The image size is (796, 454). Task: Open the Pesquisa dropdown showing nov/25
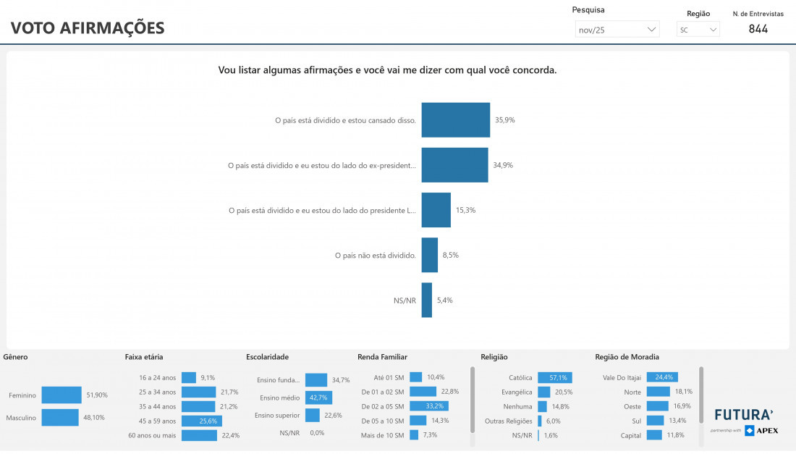617,30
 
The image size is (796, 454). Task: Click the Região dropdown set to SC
698,30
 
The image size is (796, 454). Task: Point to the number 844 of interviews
758,29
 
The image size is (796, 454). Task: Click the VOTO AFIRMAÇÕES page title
88,28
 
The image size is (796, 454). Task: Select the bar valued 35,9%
456,120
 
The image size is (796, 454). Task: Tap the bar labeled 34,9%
454,165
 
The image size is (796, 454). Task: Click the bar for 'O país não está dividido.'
430,255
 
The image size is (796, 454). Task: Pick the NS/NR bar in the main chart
427,300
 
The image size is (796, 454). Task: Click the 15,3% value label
465,210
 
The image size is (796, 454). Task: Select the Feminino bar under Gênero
62,395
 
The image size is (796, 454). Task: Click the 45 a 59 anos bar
201,421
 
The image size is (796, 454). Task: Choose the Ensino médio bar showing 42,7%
318,398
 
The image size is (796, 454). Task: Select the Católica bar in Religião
554,377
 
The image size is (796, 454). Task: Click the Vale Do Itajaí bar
661,377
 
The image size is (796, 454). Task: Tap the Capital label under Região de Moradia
630,435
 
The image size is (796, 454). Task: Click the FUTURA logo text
743,415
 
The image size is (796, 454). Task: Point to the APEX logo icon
750,431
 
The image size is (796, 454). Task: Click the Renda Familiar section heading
382,357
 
